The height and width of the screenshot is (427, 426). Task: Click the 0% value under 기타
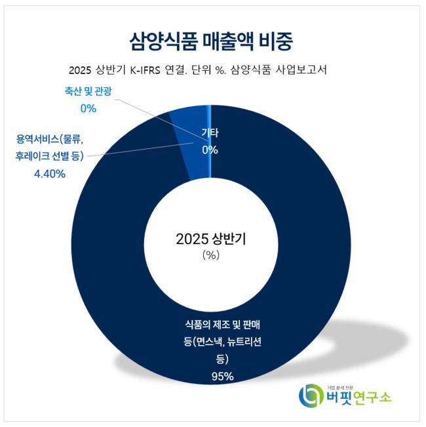coord(210,150)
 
